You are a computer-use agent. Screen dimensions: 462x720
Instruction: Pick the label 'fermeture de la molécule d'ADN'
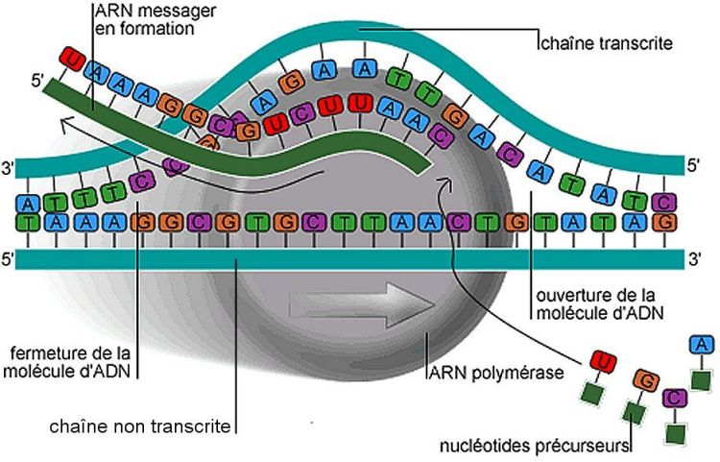[72, 359]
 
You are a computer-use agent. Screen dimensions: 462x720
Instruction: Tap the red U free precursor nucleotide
[603, 361]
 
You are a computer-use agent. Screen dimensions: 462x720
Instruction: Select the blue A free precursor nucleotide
[702, 345]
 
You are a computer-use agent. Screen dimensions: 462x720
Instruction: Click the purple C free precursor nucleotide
[676, 396]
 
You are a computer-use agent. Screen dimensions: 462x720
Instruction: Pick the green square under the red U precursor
[593, 395]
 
